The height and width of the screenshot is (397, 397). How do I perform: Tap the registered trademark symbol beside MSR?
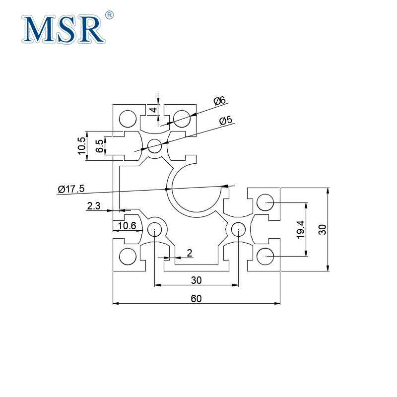point(110,15)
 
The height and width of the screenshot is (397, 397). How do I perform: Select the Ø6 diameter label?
point(219,101)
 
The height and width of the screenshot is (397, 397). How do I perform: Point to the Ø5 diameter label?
point(226,121)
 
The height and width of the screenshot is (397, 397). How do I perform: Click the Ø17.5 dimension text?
point(71,189)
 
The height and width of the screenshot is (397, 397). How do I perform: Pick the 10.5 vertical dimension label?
point(82,146)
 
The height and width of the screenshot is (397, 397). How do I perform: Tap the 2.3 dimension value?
point(94,205)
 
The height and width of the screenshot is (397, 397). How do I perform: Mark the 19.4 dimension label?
point(300,229)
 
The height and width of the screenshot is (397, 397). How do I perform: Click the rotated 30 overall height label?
point(322,229)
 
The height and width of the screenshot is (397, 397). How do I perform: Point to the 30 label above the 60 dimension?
point(197,280)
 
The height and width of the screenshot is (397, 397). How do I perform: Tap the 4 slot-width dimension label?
point(153,110)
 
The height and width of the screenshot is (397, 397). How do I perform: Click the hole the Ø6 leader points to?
point(182,118)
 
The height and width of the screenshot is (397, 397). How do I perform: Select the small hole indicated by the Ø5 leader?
point(155,146)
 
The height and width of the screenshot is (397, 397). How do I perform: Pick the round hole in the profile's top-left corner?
point(128,119)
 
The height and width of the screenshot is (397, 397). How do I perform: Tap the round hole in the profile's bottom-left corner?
point(128,257)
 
